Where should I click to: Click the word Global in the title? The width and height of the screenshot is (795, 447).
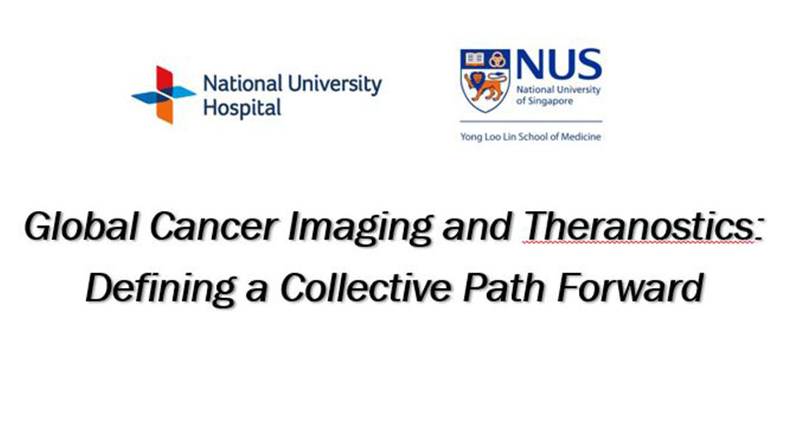pyautogui.click(x=81, y=227)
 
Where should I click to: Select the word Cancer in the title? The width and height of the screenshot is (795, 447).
pyautogui.click(x=214, y=227)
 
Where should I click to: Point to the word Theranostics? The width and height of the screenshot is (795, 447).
pyautogui.click(x=638, y=227)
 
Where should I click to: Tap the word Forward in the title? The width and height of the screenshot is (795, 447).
pyautogui.click(x=630, y=287)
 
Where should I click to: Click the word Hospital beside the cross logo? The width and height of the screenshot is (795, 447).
pyautogui.click(x=242, y=108)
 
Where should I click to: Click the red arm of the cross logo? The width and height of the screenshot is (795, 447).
pyautogui.click(x=165, y=78)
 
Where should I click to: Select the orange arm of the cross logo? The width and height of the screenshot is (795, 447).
pyautogui.click(x=165, y=111)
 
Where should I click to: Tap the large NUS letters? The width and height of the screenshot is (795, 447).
pyautogui.click(x=559, y=65)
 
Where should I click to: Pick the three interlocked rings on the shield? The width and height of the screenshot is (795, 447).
pyautogui.click(x=498, y=60)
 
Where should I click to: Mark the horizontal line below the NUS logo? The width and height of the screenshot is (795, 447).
pyautogui.click(x=531, y=122)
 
